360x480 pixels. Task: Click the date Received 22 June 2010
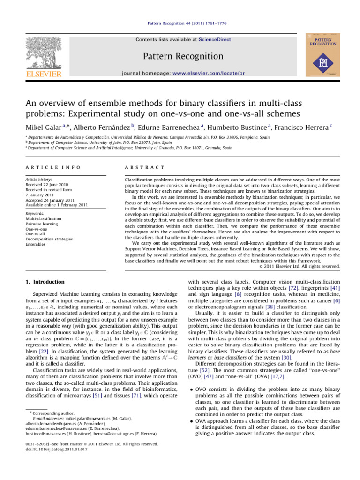point(47,185)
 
